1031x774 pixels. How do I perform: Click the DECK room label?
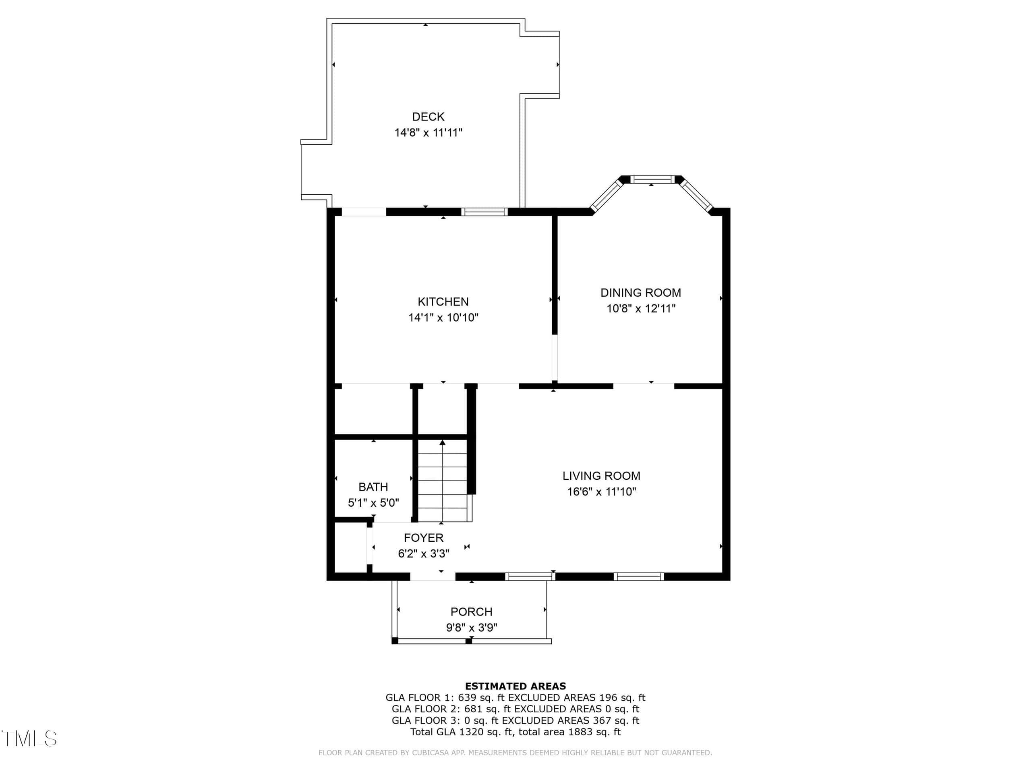pyautogui.click(x=428, y=117)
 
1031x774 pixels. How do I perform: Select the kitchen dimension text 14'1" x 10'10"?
pyautogui.click(x=443, y=318)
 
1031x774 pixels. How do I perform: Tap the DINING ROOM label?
pyautogui.click(x=640, y=293)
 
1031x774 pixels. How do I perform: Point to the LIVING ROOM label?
pyautogui.click(x=601, y=476)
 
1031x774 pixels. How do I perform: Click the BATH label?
pyautogui.click(x=373, y=487)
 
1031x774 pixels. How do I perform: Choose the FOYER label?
pyautogui.click(x=423, y=538)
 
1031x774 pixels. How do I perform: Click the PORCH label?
pyautogui.click(x=471, y=612)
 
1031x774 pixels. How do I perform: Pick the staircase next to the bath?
pyautogui.click(x=442, y=481)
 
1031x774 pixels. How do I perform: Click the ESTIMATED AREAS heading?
pyautogui.click(x=515, y=686)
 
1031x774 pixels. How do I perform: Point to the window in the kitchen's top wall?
pyautogui.click(x=484, y=212)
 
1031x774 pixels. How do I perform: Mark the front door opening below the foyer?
pyautogui.click(x=433, y=577)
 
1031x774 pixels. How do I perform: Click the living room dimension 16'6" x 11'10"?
pyautogui.click(x=601, y=492)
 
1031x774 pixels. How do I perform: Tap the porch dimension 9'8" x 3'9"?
pyautogui.click(x=471, y=628)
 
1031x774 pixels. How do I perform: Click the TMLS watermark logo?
pyautogui.click(x=29, y=739)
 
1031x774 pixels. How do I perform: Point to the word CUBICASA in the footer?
pyautogui.click(x=429, y=753)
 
